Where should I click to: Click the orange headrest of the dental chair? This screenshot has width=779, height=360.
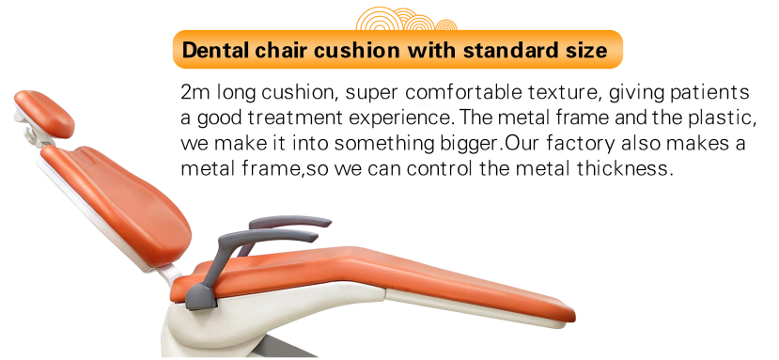point(44,113)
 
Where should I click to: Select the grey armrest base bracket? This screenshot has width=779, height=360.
point(201,296)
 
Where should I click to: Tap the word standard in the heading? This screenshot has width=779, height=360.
point(507,50)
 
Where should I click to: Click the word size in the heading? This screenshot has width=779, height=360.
point(583,50)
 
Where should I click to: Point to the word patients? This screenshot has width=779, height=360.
point(710,93)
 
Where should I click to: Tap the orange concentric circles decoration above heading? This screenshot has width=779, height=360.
point(406,19)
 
